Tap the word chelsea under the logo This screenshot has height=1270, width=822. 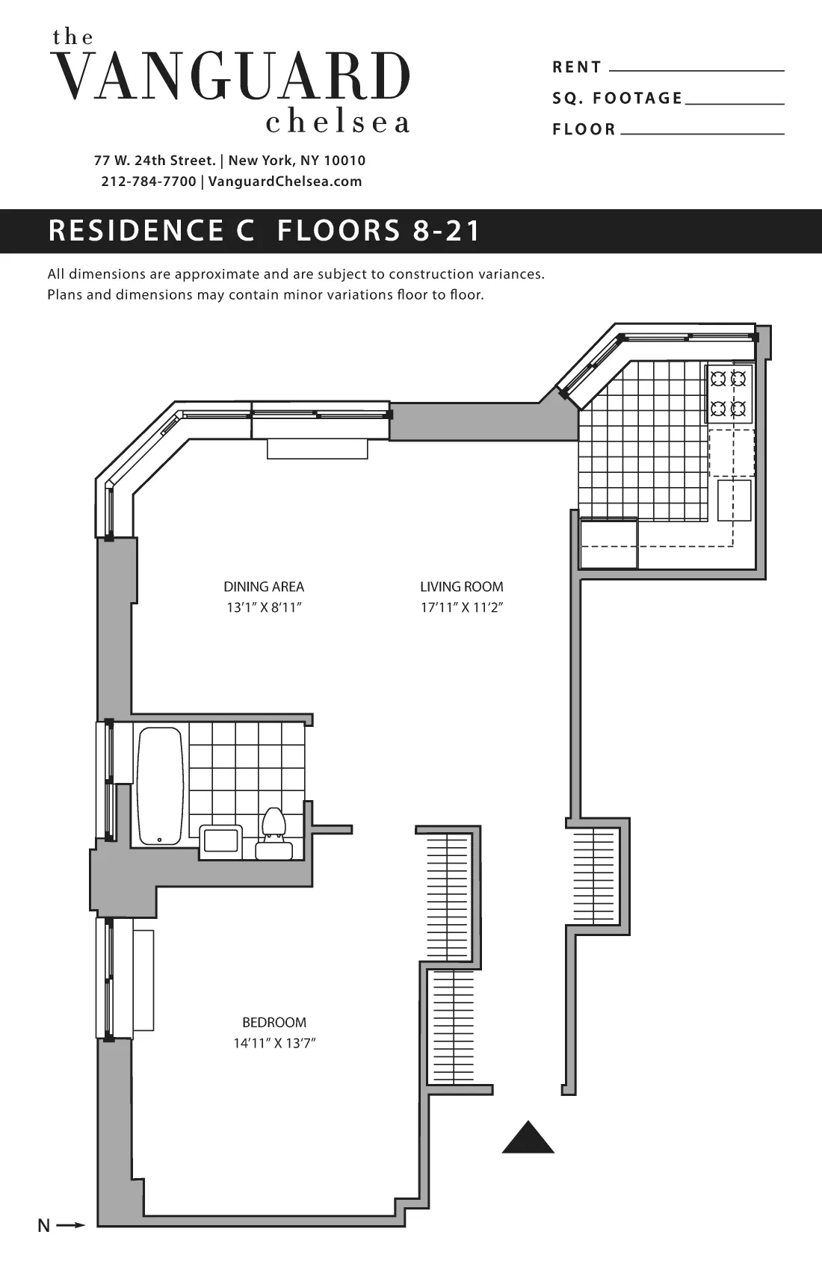tap(338, 123)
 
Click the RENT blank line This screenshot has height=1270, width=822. tap(696, 69)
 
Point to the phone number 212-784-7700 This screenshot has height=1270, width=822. tap(149, 182)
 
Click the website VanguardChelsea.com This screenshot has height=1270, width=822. tap(285, 182)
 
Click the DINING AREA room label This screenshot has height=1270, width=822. tap(264, 587)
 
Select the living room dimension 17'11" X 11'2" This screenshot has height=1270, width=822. tap(462, 608)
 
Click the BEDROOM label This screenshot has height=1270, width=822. tap(274, 1023)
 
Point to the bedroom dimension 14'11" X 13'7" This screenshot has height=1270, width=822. tap(274, 1044)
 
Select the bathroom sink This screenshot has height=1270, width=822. tap(221, 839)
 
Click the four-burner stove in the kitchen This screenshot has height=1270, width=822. tap(729, 394)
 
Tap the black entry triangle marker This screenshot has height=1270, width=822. tap(528, 1139)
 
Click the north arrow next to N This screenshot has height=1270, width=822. tap(71, 1225)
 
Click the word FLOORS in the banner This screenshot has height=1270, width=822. tap(339, 231)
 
